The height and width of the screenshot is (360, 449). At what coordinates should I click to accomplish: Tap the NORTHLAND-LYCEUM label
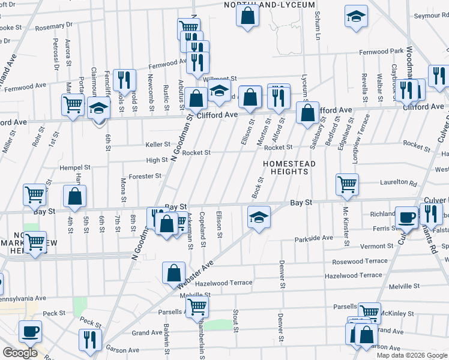point(270,5)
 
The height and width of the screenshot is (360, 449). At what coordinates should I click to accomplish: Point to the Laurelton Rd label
point(397,182)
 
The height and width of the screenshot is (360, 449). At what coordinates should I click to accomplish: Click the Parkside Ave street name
point(313,238)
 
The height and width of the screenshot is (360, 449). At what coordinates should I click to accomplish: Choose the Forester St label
point(144,176)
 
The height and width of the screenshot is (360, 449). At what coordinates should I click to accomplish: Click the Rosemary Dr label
point(53,25)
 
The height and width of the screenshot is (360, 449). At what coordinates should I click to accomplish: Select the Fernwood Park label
point(381,52)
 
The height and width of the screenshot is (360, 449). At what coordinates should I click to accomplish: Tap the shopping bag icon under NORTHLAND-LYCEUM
point(247,16)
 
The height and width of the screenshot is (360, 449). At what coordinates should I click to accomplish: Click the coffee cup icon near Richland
point(406,217)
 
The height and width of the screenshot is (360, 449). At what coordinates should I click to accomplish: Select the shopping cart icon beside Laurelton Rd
point(347,184)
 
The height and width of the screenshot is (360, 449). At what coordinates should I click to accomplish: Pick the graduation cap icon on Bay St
point(259,216)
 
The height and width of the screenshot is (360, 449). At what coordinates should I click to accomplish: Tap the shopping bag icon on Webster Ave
point(173,272)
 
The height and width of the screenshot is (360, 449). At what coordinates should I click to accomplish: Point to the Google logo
point(19,353)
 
